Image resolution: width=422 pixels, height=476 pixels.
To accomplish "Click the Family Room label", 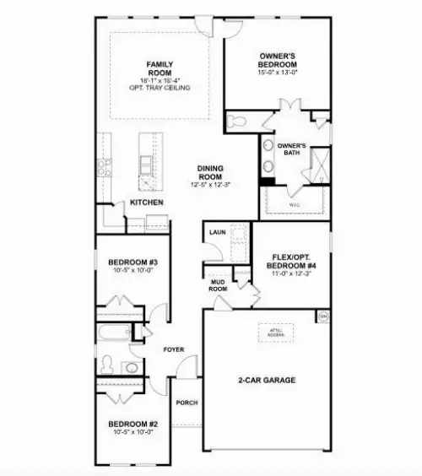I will click(x=160, y=68).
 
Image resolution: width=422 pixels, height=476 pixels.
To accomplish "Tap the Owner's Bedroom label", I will click(x=278, y=61).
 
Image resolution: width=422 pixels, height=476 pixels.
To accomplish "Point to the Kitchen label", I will click(x=146, y=203).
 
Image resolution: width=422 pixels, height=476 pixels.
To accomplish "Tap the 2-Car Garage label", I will click(x=266, y=381).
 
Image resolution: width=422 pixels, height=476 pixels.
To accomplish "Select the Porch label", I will click(x=187, y=403).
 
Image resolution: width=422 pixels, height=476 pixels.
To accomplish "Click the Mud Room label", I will click(x=219, y=284).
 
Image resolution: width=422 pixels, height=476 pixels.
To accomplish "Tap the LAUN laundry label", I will click(x=216, y=229).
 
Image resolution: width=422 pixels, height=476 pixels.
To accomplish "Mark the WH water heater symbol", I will click(x=323, y=316).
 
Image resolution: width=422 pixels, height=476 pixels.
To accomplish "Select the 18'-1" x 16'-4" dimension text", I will click(x=160, y=81).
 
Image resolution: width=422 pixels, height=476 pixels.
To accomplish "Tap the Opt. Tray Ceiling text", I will click(x=160, y=89).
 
